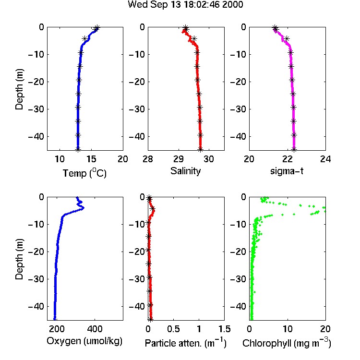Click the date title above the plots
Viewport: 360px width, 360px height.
[x=185, y=5]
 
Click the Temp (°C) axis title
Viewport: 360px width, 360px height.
[x=84, y=173]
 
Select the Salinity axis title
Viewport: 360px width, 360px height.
[x=185, y=171]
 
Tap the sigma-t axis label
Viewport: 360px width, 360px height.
[x=287, y=171]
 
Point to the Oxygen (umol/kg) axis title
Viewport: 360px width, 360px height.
[x=84, y=341]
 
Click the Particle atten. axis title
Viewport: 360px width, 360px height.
[x=186, y=343]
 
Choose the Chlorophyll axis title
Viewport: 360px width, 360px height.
[x=287, y=343]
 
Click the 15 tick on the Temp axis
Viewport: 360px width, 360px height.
[x=91, y=159]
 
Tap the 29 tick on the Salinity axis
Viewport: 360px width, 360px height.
[x=179, y=159]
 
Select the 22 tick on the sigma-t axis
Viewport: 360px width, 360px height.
[x=287, y=159]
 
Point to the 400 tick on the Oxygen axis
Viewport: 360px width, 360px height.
[x=95, y=329]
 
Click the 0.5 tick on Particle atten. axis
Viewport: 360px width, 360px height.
[x=173, y=329]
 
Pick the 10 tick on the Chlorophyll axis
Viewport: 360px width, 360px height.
[x=288, y=329]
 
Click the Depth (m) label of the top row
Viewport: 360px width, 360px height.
[x=19, y=89]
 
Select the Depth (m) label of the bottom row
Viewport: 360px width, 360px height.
[x=19, y=259]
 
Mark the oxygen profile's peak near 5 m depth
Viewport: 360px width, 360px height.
[x=83, y=208]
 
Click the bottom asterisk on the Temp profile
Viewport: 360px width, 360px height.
[x=78, y=149]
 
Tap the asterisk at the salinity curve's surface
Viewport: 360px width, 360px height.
[x=186, y=27]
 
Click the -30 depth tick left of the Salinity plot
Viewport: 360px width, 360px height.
[x=136, y=109]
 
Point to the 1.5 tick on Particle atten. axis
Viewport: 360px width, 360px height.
[x=225, y=329]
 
